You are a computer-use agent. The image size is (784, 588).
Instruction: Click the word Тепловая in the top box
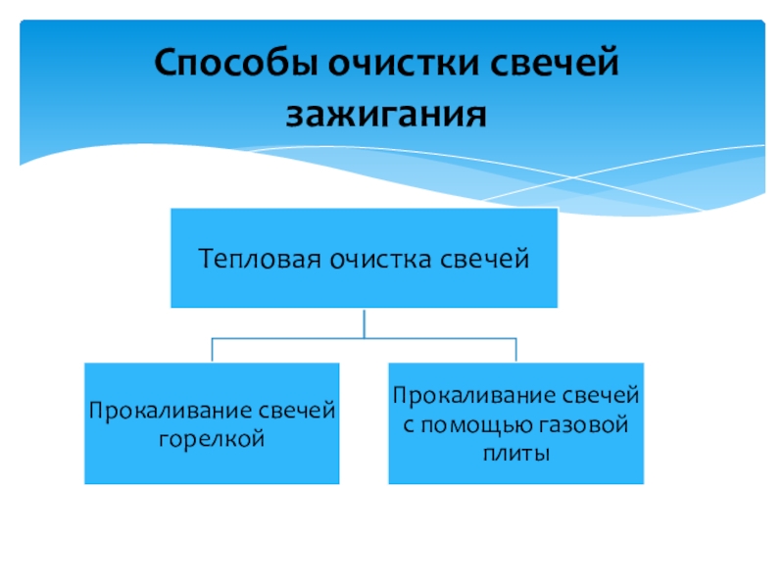[x=258, y=260]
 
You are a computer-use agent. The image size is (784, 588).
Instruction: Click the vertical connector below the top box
[x=364, y=323]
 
